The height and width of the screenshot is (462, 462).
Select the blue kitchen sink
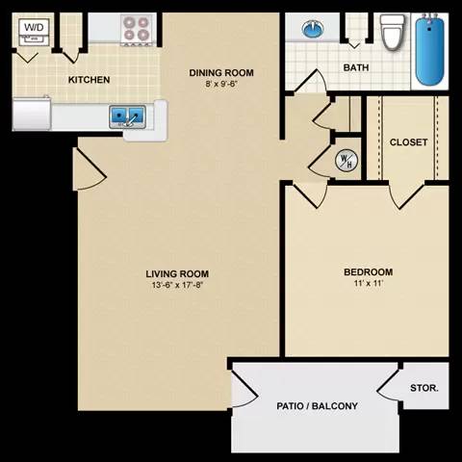click(x=128, y=116)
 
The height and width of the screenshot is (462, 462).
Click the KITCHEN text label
click(x=89, y=80)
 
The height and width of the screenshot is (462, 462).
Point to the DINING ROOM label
click(x=220, y=73)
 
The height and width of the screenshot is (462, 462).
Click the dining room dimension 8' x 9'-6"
click(x=220, y=84)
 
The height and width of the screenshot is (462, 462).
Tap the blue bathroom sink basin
click(x=313, y=30)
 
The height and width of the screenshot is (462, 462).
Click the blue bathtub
click(x=431, y=48)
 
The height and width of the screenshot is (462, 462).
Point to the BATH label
click(x=356, y=67)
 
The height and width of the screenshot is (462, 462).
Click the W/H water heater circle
click(x=344, y=161)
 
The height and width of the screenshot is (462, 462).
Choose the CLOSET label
click(x=408, y=142)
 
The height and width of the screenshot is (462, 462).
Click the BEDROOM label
click(x=369, y=272)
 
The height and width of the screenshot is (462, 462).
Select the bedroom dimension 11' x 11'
click(x=369, y=284)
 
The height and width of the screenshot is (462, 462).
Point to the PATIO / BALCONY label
click(x=317, y=406)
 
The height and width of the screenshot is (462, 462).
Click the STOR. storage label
click(x=424, y=389)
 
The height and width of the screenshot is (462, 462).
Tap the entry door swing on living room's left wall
click(x=89, y=172)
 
